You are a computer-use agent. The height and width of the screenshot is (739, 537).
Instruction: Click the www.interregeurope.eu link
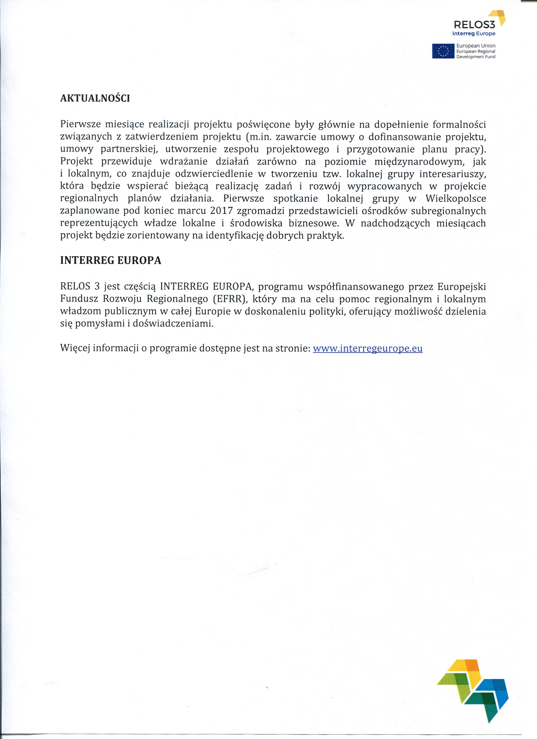(367, 348)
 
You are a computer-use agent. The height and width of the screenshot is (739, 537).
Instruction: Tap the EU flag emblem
(443, 51)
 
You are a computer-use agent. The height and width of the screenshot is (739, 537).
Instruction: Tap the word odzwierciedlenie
(214, 174)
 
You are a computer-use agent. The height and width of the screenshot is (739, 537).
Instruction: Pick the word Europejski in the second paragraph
(461, 287)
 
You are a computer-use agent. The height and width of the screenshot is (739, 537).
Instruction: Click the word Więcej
(75, 348)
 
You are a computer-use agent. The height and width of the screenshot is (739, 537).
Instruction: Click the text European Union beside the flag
(476, 46)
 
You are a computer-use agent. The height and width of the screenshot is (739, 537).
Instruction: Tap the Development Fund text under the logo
(476, 57)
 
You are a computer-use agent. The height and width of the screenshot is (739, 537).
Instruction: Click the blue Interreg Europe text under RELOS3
(474, 33)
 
